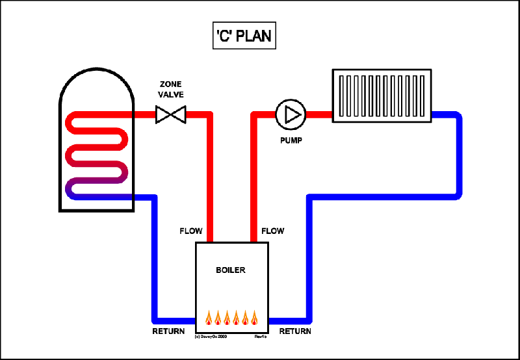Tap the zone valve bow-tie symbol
(x=171, y=116)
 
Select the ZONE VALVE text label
(x=172, y=90)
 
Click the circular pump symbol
(x=290, y=115)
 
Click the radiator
(x=382, y=96)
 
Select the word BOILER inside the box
(x=231, y=270)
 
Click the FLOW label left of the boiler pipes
(x=191, y=231)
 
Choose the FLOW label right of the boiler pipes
(x=272, y=231)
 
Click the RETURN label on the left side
(x=168, y=331)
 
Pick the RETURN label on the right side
(x=295, y=331)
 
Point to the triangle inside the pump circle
(x=292, y=115)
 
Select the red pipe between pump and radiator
(x=318, y=115)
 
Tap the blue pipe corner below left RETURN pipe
(x=155, y=320)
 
